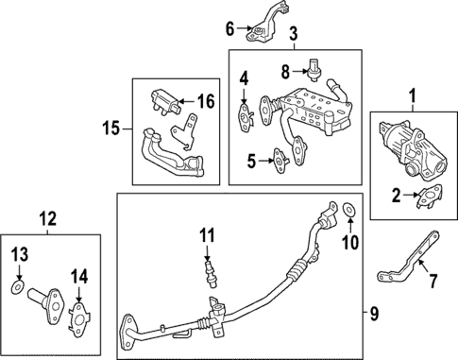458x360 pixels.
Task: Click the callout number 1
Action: (411, 95)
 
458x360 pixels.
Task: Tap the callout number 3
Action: (294, 35)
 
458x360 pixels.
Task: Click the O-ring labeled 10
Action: (349, 209)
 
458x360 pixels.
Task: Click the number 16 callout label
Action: (205, 99)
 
